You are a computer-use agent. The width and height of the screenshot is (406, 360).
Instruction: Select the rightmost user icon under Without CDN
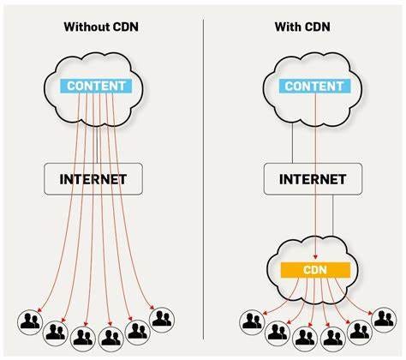[x=161, y=319]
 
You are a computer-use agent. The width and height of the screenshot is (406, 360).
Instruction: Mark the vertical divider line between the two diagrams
[x=203, y=171]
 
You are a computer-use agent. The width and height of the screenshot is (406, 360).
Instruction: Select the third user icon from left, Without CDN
[x=84, y=333]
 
